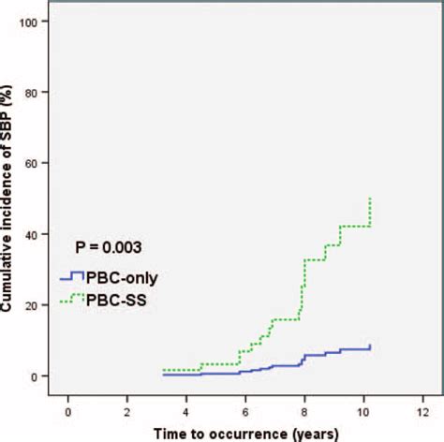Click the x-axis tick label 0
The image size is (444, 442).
tap(67, 410)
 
